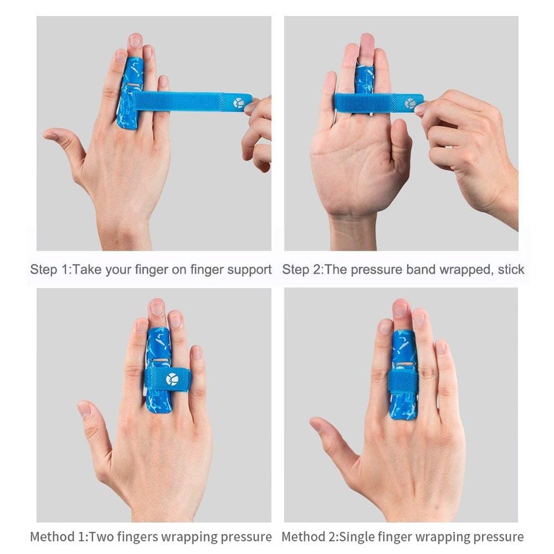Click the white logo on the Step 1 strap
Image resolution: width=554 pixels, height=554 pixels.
tap(240, 102)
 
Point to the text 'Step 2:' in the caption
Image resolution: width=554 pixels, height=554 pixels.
tap(301, 269)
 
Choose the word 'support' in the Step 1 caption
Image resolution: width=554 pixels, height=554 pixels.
tap(249, 269)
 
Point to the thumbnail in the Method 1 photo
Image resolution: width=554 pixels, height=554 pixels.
tap(84, 409)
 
